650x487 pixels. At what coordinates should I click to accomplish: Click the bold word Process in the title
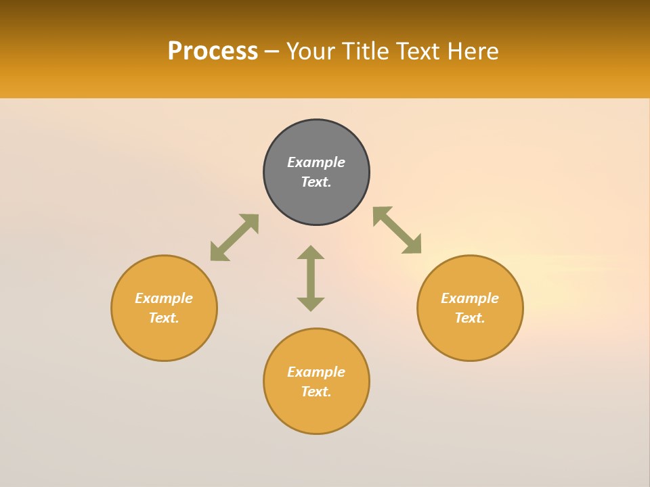coord(213,51)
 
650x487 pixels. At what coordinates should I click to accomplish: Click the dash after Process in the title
coord(272,52)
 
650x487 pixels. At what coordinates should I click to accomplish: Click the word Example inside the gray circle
coord(316,162)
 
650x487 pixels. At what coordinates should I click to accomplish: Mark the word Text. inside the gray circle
coord(316,182)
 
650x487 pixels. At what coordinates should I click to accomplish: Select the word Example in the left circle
coord(164,298)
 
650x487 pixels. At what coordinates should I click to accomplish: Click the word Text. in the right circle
coord(470,318)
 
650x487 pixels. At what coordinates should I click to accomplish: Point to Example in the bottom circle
coord(316,372)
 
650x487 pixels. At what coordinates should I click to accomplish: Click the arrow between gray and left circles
coord(234,237)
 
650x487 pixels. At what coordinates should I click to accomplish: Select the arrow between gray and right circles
coord(397,230)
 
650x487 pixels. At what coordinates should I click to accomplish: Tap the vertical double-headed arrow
coord(311,278)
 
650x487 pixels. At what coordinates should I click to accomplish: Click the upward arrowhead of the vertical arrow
coord(311,252)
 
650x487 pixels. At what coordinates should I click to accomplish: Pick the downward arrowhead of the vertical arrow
coord(311,304)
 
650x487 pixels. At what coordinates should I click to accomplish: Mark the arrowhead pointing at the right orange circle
coord(413,245)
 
